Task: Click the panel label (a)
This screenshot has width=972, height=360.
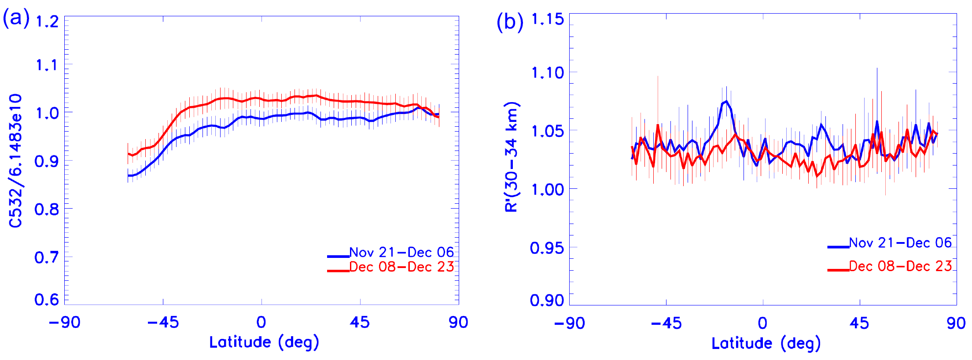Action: point(16,18)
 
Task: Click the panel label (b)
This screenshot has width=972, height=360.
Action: point(510,21)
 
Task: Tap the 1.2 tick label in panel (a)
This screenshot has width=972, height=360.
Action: point(47,21)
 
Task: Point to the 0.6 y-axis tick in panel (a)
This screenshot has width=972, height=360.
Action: point(47,300)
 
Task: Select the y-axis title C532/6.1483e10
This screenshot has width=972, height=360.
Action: point(16,161)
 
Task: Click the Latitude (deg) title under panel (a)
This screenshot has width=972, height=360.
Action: point(264,342)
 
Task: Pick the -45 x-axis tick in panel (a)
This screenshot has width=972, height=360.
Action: point(163,323)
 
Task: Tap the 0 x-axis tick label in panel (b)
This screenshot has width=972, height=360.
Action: point(762,323)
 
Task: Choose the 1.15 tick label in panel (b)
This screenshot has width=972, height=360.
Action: point(547,19)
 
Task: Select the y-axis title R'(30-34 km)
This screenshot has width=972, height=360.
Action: point(512,157)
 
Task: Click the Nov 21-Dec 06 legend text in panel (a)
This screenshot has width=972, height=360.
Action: point(401,252)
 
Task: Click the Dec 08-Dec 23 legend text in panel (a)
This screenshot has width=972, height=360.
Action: point(401,267)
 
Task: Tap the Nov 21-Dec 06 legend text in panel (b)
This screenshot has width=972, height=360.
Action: point(900,242)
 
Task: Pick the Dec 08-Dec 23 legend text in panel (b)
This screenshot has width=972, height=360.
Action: point(900,266)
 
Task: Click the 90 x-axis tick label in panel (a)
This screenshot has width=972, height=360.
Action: point(458,323)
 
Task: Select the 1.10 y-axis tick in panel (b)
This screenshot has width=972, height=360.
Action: point(547,73)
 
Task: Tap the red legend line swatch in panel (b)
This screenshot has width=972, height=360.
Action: point(838,270)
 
